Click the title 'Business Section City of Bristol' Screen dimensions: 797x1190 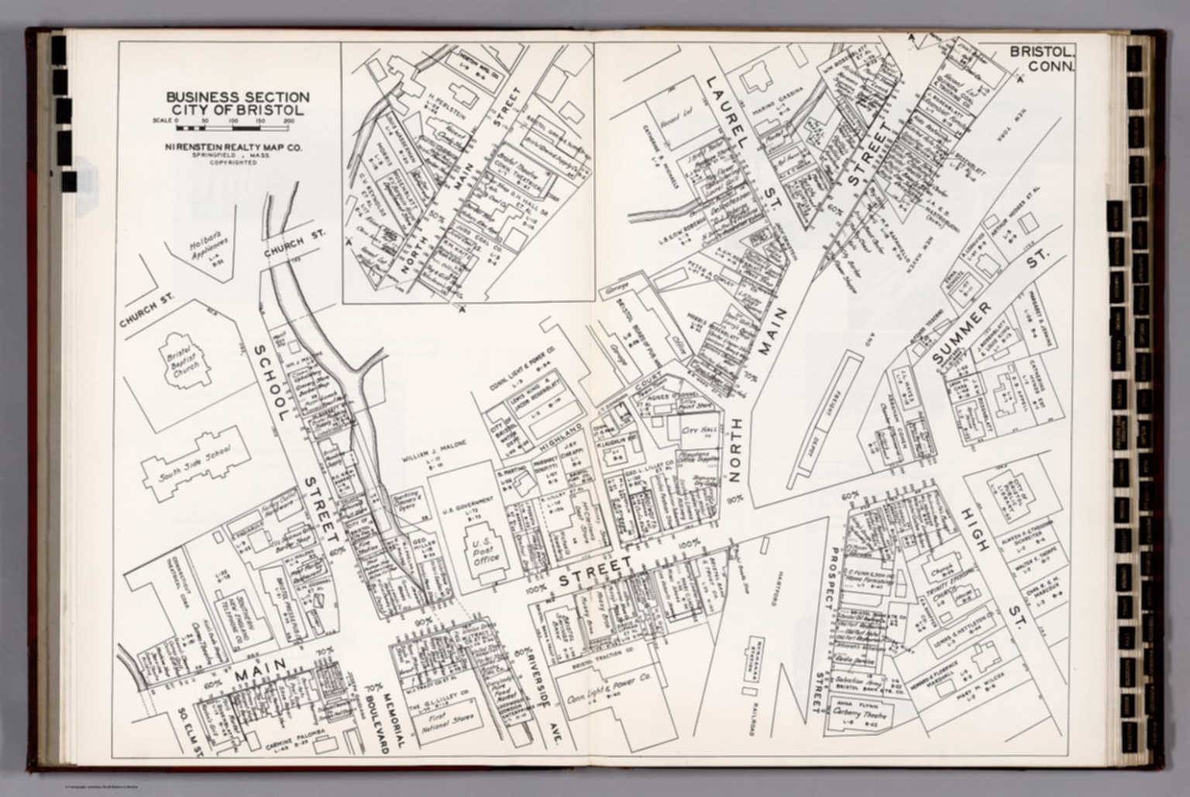[238, 103]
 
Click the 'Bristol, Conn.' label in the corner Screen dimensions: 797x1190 [1041, 59]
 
